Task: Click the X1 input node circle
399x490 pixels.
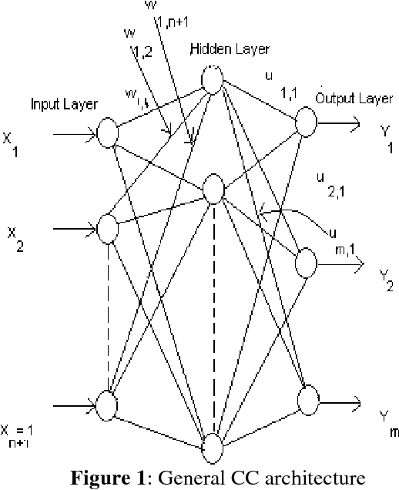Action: [x=108, y=133]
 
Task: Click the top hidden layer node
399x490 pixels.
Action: [x=212, y=78]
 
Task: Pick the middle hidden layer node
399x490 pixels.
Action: [x=212, y=189]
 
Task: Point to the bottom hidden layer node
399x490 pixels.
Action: [x=211, y=448]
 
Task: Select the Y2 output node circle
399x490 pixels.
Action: [x=306, y=261]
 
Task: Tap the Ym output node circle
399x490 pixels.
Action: [x=307, y=400]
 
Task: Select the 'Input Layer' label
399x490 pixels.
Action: [x=64, y=102]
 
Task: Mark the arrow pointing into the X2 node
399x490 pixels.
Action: [x=73, y=228]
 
